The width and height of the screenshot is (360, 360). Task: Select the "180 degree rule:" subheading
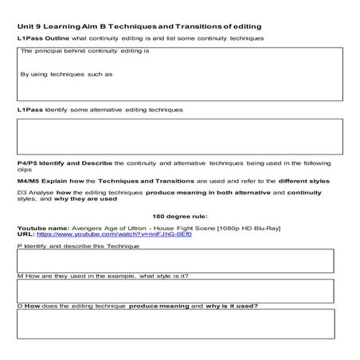point(178,216)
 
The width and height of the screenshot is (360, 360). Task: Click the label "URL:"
point(25,235)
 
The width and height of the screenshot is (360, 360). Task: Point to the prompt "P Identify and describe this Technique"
point(78,246)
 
